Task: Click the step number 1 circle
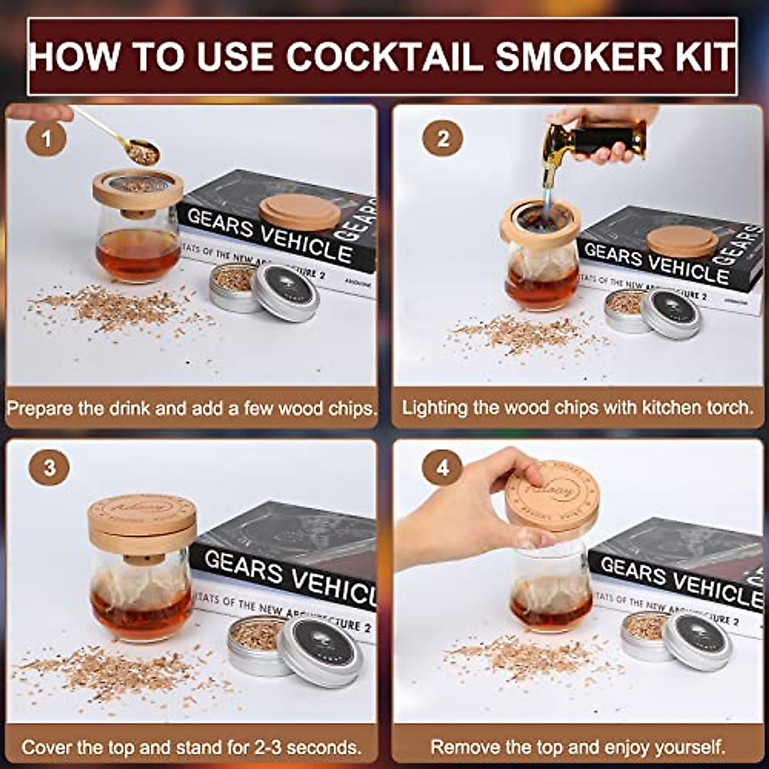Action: (45, 138)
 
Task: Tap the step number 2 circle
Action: (443, 138)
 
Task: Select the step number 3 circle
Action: (49, 467)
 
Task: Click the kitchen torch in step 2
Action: (593, 144)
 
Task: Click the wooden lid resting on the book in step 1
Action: (299, 211)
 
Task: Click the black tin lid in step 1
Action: (286, 292)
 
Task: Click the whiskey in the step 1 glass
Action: (138, 253)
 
